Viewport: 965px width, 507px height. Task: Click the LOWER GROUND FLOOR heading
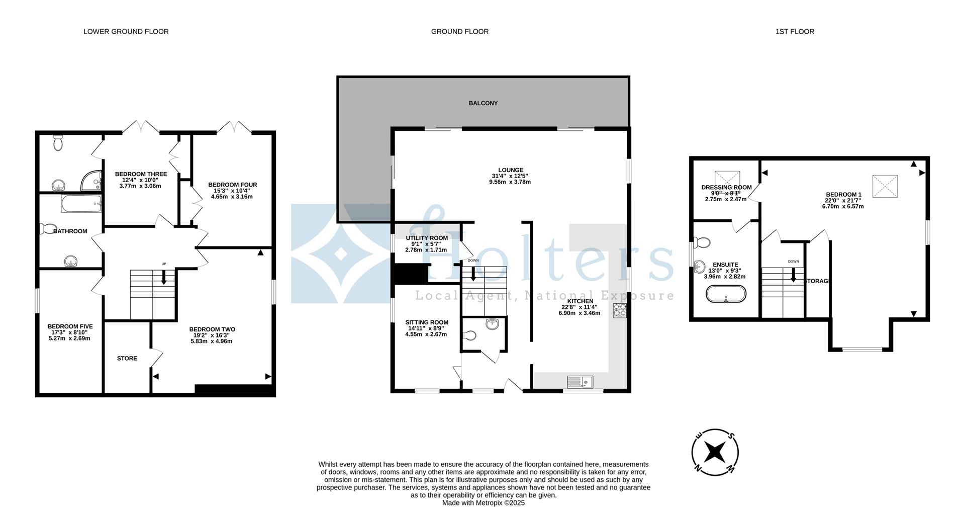[126, 31]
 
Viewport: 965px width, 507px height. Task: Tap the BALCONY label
[483, 103]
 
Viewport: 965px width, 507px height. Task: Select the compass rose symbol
[715, 452]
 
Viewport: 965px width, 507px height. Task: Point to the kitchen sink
[580, 382]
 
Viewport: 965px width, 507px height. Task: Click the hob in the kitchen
[620, 310]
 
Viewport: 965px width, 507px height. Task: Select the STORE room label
[127, 359]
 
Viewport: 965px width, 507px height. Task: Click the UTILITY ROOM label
[427, 238]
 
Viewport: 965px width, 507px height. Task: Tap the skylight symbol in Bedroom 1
[885, 186]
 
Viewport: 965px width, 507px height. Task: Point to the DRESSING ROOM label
[726, 188]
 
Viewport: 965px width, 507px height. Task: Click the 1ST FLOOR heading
[794, 31]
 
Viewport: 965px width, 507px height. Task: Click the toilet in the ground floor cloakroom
[470, 335]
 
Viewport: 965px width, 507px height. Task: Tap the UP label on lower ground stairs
[163, 264]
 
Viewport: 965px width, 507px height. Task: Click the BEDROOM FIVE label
[70, 326]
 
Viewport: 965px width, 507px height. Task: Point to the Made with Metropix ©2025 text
[483, 502]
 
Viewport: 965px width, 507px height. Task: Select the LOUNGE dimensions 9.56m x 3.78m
[510, 182]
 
